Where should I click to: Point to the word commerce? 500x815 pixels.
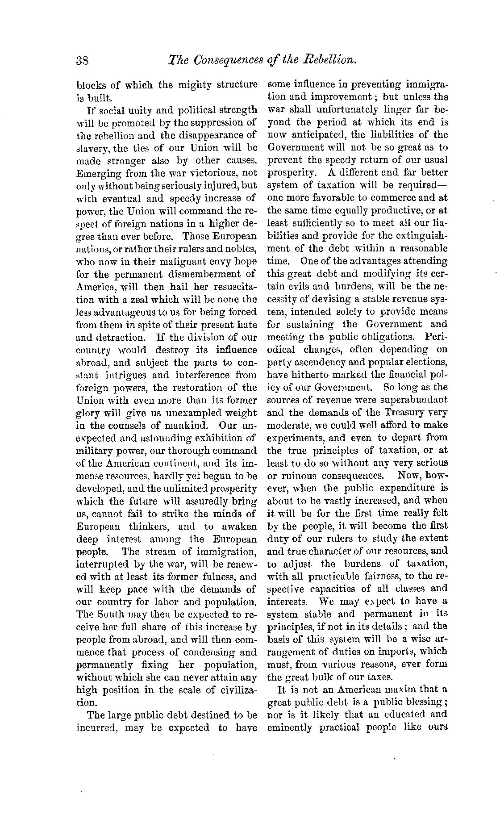[387, 198]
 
